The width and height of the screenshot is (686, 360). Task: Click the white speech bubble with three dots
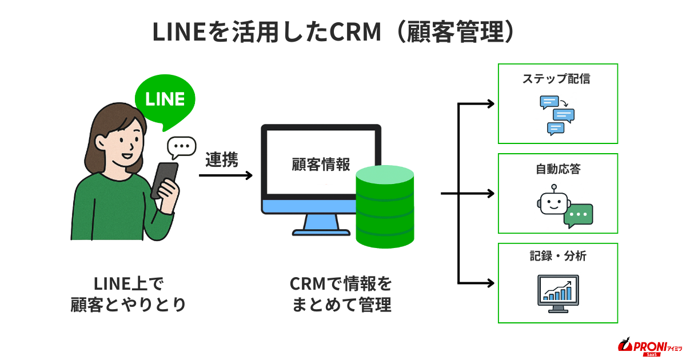[181, 147]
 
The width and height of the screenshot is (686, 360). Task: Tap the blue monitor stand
[321, 224]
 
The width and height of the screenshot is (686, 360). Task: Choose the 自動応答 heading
[559, 169]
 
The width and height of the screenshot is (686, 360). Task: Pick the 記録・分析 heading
[558, 257]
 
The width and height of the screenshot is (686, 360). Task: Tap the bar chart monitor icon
[559, 293]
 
